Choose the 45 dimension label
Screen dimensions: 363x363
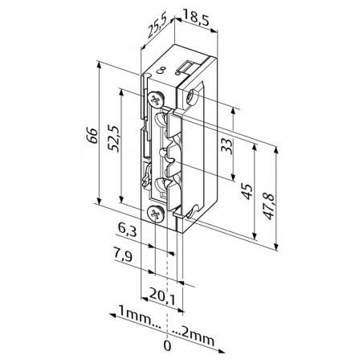pyautogui.click(x=247, y=191)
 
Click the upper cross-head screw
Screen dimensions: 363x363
pyautogui.click(x=156, y=98)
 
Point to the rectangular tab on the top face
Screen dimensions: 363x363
pyautogui.click(x=186, y=64)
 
